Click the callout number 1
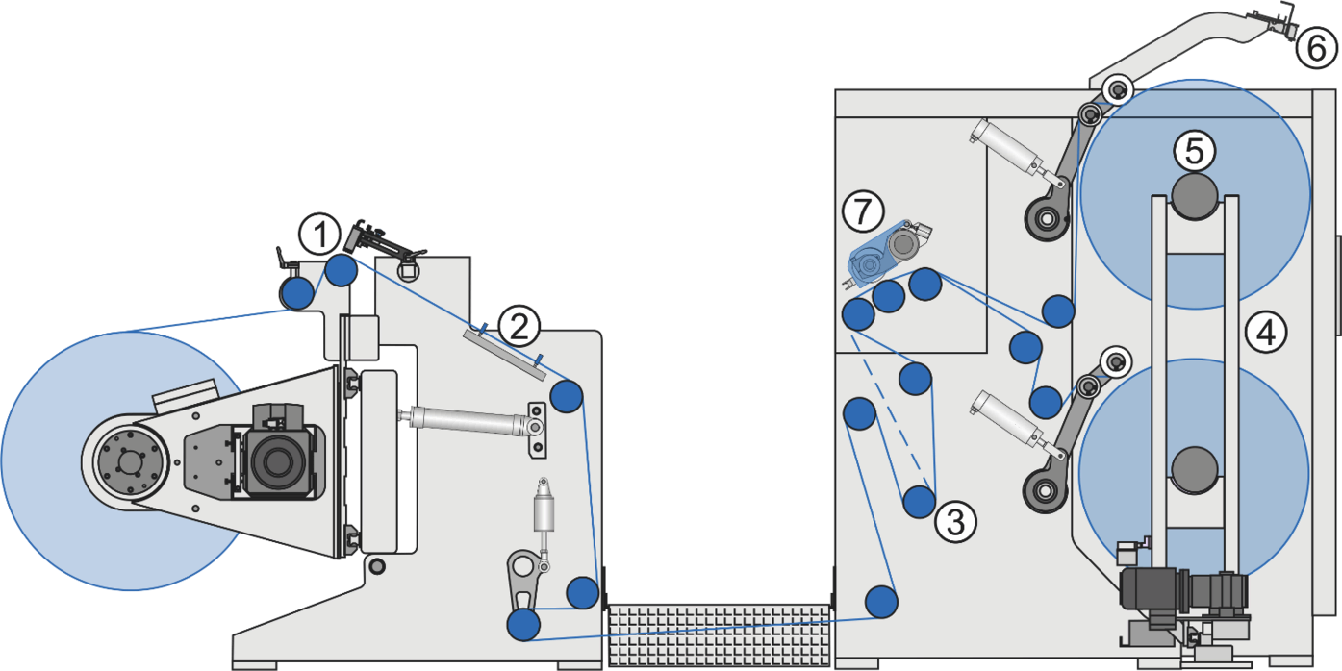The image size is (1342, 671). (x=318, y=234)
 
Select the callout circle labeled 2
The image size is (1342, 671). (x=519, y=329)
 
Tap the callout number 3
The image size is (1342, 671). (x=955, y=522)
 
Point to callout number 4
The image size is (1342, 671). (x=1265, y=333)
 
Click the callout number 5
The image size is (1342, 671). (x=1194, y=151)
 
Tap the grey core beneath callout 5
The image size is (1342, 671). (x=1194, y=194)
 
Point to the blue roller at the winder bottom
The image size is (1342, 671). (x=880, y=601)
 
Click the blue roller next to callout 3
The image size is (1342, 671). (x=919, y=501)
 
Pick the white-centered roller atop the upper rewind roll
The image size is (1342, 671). (x=1117, y=90)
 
